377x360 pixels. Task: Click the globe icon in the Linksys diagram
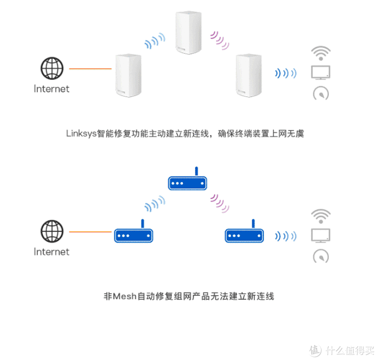52,68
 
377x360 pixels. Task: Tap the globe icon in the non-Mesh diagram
52,232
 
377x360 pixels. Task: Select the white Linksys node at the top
188,33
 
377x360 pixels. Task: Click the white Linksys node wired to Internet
129,75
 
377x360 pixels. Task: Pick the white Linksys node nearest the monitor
248,75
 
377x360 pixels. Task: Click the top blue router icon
187,178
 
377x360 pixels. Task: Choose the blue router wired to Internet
134,231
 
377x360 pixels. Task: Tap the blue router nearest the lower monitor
244,231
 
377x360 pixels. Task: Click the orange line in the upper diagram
90,69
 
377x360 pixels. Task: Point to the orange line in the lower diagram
90,232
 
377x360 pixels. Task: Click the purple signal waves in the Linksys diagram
220,40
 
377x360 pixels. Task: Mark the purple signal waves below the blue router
220,203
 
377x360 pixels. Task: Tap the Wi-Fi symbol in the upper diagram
321,53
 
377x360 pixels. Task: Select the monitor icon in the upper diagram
321,73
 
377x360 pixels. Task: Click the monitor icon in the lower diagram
321,235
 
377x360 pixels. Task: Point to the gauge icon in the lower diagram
321,256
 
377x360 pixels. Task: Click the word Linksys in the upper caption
81,133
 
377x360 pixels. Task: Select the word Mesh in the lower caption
125,296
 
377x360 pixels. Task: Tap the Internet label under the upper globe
52,89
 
